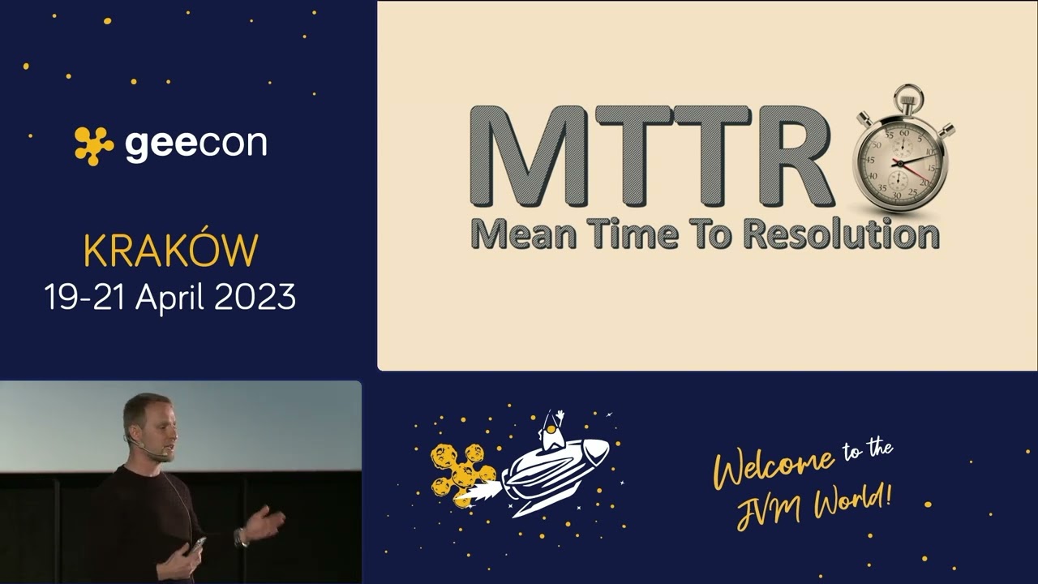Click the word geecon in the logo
195,144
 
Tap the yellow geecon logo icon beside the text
94,145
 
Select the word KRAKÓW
170,251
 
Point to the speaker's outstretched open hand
266,523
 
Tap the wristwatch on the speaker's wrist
241,538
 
